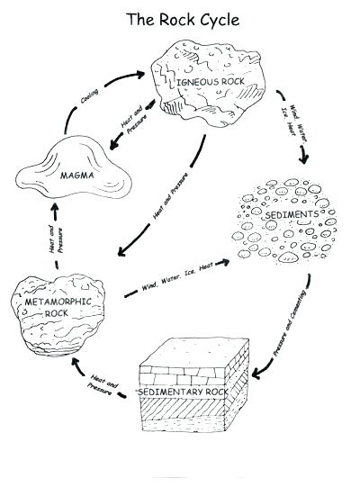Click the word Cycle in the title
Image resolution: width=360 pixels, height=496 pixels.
pyautogui.click(x=214, y=19)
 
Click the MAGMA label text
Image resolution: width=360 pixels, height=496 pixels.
pyautogui.click(x=77, y=176)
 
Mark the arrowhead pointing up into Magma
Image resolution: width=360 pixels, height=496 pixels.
pyautogui.click(x=53, y=207)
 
